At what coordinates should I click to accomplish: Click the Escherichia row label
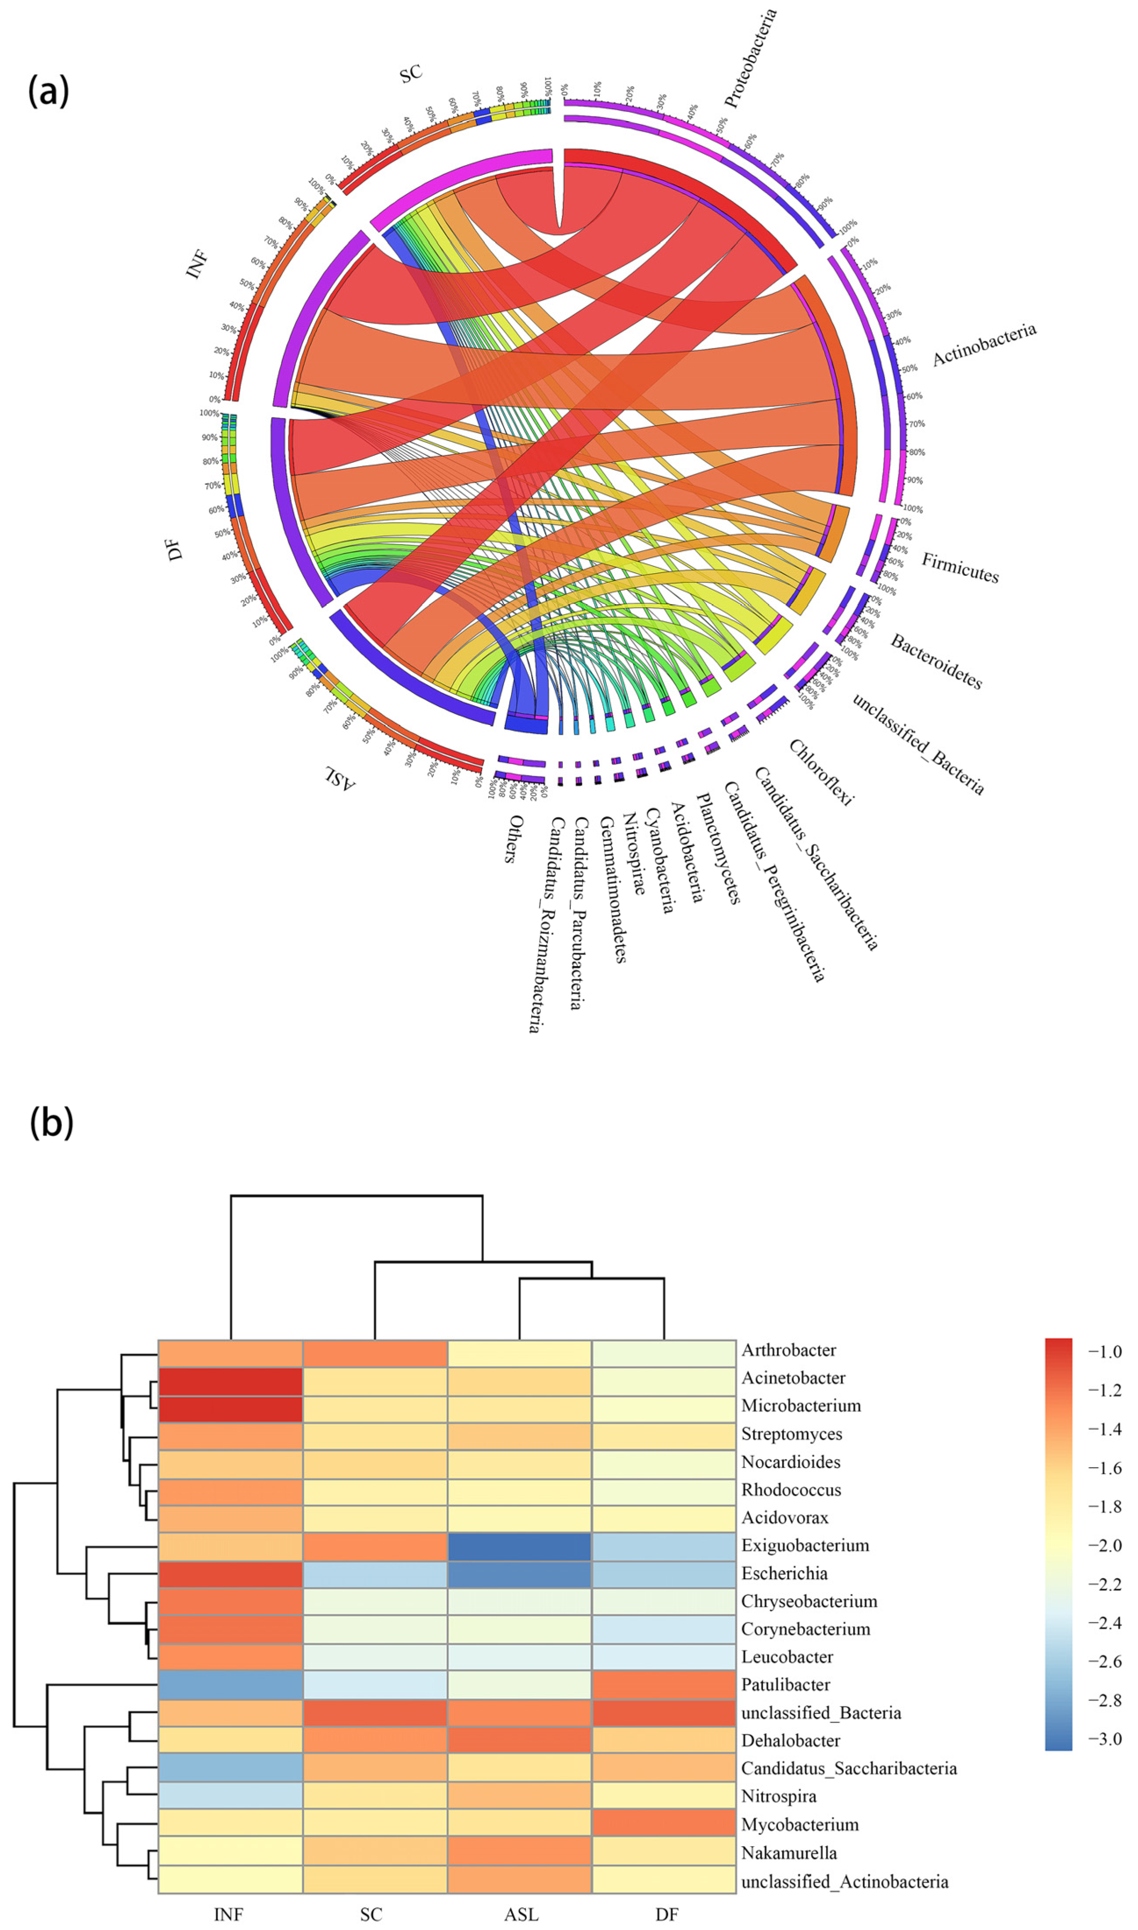[x=784, y=1573]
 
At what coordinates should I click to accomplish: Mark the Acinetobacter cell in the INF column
[x=230, y=1378]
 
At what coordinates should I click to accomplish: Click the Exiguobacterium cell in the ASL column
[x=519, y=1545]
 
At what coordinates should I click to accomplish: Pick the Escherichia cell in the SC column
[x=375, y=1573]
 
